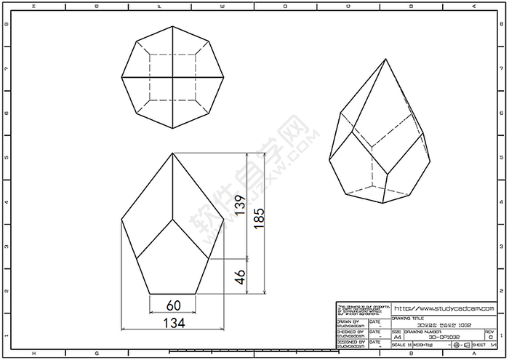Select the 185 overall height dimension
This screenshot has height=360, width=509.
(x=260, y=218)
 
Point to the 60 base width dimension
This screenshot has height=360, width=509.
(x=172, y=305)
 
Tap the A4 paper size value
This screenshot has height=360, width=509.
(x=397, y=337)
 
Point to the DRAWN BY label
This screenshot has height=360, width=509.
(x=348, y=321)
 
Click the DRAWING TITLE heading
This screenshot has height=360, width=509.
(x=406, y=318)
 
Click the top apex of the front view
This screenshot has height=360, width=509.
(x=172, y=153)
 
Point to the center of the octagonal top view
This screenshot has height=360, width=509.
(x=172, y=76)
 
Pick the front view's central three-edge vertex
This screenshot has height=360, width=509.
(x=172, y=217)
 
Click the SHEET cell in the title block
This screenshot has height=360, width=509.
(x=480, y=345)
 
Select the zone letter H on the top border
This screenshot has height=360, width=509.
(x=33, y=6)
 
